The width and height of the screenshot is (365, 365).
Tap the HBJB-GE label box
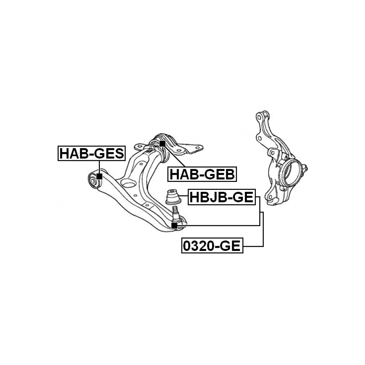point(221,197)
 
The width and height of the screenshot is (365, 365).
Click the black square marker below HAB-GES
point(99,176)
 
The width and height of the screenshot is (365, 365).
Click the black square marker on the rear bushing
point(162,143)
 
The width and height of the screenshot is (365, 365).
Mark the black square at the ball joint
point(174,226)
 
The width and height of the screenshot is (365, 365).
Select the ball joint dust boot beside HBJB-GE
point(173,197)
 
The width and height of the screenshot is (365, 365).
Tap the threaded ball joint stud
point(175,211)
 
